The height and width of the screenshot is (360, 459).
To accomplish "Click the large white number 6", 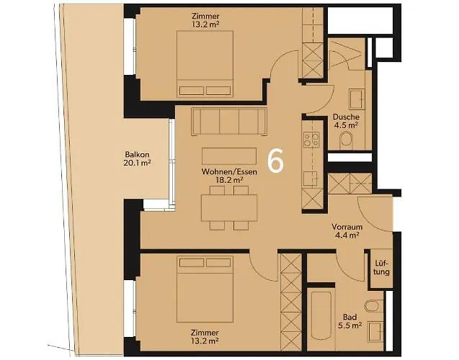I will [275, 161].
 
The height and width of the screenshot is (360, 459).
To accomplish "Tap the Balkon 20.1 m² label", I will [137, 159].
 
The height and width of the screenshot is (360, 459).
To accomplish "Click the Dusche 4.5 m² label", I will [345, 121].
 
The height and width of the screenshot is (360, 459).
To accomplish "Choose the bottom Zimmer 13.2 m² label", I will [205, 336].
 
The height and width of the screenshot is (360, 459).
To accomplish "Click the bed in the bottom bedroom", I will [205, 287].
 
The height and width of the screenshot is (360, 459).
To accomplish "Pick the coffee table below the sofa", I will [228, 156].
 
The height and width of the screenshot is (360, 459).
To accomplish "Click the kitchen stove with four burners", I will [311, 139].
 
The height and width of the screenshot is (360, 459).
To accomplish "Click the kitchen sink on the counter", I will [311, 178].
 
